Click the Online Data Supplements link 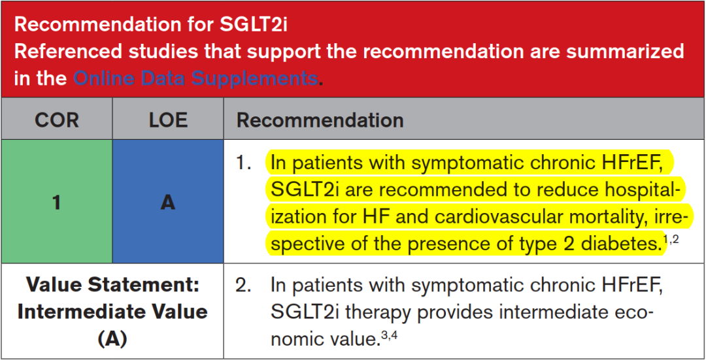pyautogui.click(x=196, y=79)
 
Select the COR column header pyautogui.click(x=57, y=121)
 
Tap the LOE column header pyautogui.click(x=167, y=121)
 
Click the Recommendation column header pyautogui.click(x=320, y=121)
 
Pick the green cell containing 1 pyautogui.click(x=57, y=202)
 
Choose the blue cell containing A pyautogui.click(x=168, y=202)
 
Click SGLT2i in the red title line pyautogui.click(x=254, y=25)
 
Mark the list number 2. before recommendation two pyautogui.click(x=244, y=286)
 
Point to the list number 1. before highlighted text pyautogui.click(x=244, y=163)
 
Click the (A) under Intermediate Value pyautogui.click(x=112, y=340)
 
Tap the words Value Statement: pyautogui.click(x=112, y=286)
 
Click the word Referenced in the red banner pyautogui.click(x=67, y=52)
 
